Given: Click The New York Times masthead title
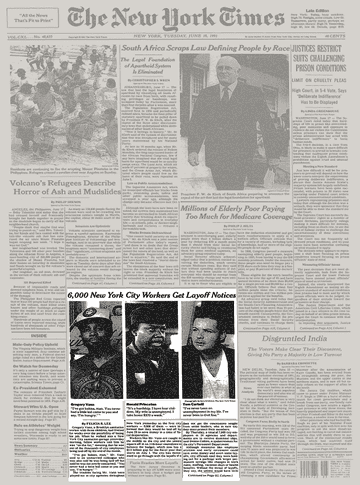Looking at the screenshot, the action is (181, 17).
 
